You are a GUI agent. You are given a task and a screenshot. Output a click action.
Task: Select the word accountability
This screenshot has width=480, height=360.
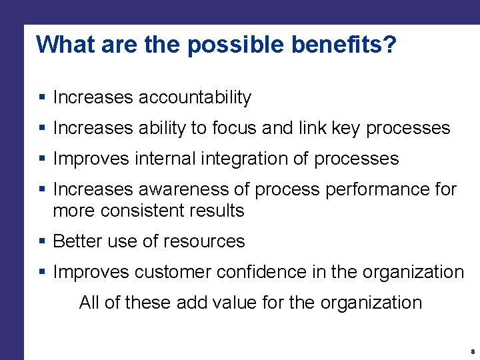tap(195, 97)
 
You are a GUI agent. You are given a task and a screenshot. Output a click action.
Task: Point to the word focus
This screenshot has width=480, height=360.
tap(237, 128)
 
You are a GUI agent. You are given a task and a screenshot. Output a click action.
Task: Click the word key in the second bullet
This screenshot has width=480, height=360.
tap(346, 128)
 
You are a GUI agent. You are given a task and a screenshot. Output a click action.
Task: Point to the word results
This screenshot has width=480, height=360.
tap(217, 211)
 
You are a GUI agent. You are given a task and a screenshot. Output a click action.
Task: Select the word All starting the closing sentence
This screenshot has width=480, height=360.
tap(89, 303)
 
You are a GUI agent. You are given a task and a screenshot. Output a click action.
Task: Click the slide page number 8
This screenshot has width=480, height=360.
tap(472, 351)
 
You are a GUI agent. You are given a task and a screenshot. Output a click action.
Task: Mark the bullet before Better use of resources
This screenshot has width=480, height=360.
tap(41, 241)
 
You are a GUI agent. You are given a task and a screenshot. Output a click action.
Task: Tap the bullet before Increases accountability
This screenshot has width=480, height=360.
tap(41, 98)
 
